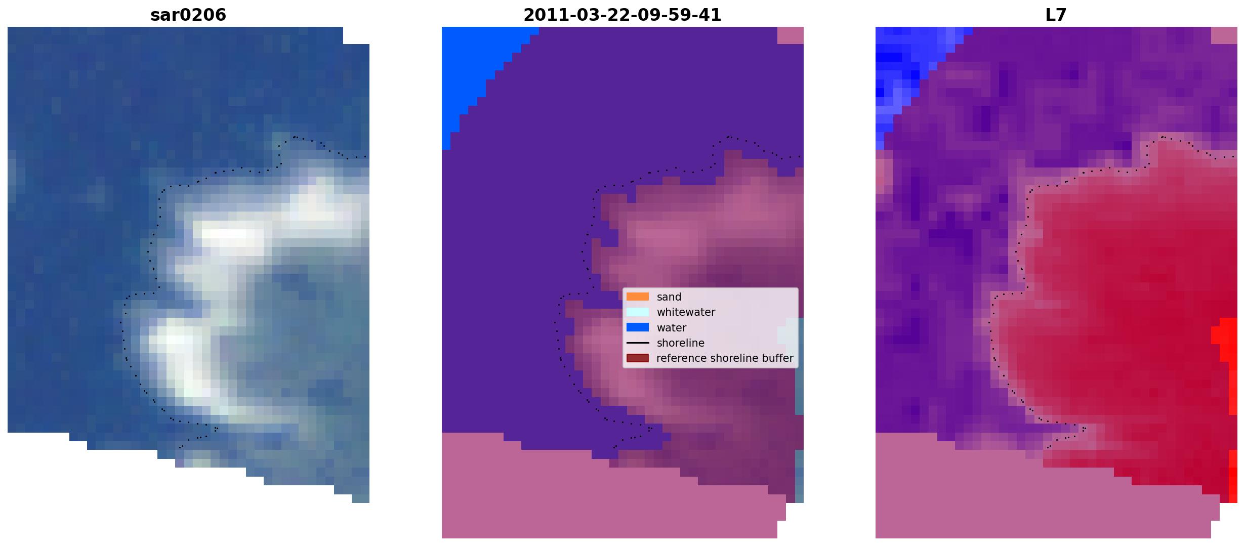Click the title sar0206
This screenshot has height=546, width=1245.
pyautogui.click(x=188, y=15)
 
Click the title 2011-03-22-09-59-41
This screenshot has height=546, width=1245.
pyautogui.click(x=622, y=15)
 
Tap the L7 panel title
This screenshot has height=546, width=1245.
pyautogui.click(x=1056, y=15)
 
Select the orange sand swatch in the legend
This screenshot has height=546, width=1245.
pyautogui.click(x=637, y=297)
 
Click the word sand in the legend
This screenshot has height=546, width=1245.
pyautogui.click(x=669, y=297)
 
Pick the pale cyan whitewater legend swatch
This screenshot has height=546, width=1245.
pyautogui.click(x=637, y=312)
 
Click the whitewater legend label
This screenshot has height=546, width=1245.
pyautogui.click(x=686, y=312)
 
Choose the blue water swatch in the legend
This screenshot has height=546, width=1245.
pyautogui.click(x=637, y=327)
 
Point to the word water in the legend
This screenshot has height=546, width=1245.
pyautogui.click(x=671, y=328)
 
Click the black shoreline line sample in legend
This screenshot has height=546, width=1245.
pyautogui.click(x=637, y=343)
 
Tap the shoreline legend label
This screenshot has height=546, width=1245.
pyautogui.click(x=680, y=343)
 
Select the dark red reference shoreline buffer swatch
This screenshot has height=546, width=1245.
pyautogui.click(x=637, y=358)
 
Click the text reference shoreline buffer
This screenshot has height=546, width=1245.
pyautogui.click(x=725, y=358)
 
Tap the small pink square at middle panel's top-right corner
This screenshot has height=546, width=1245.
pyautogui.click(x=791, y=35)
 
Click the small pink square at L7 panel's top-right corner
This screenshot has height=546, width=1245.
pyautogui.click(x=1224, y=35)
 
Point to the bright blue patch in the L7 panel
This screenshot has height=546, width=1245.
pyautogui.click(x=906, y=71)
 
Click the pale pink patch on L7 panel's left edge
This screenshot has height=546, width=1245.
pyautogui.click(x=883, y=175)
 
